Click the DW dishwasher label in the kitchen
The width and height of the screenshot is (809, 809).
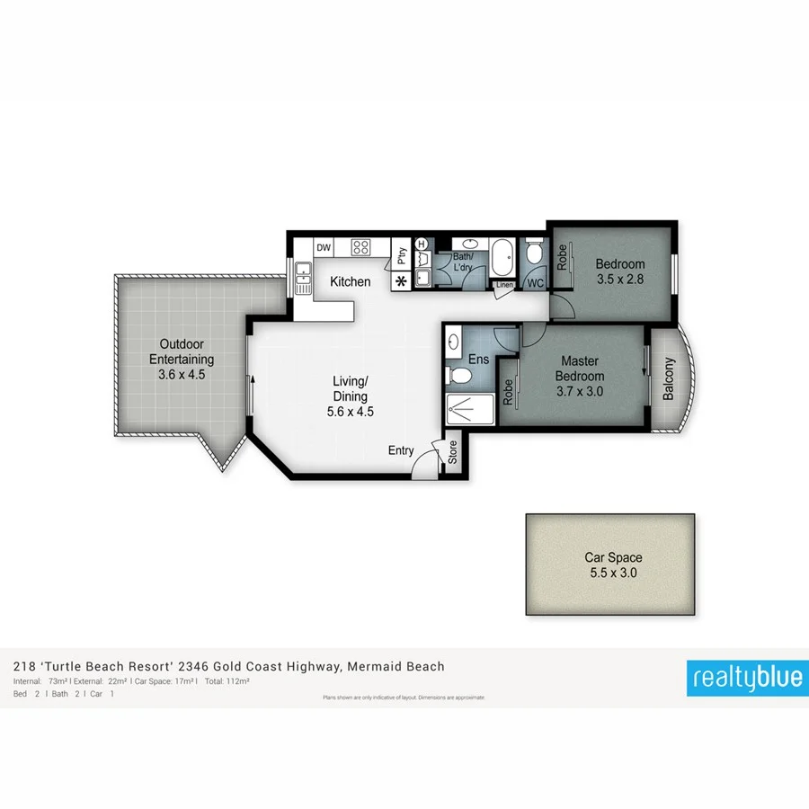(324, 247)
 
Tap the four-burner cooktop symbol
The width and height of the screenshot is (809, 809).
(361, 246)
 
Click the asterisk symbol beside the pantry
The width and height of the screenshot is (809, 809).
(401, 281)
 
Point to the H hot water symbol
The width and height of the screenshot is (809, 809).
(420, 244)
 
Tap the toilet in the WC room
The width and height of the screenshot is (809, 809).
(534, 254)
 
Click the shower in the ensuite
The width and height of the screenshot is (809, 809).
(467, 409)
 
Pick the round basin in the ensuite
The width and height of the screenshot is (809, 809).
(453, 342)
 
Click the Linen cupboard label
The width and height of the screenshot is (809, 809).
(503, 286)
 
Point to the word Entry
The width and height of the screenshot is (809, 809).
(401, 450)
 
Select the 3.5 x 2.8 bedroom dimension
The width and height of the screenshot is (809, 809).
(620, 280)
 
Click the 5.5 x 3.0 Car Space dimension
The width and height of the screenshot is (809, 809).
(613, 573)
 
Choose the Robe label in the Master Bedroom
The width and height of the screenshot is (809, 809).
(508, 391)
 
